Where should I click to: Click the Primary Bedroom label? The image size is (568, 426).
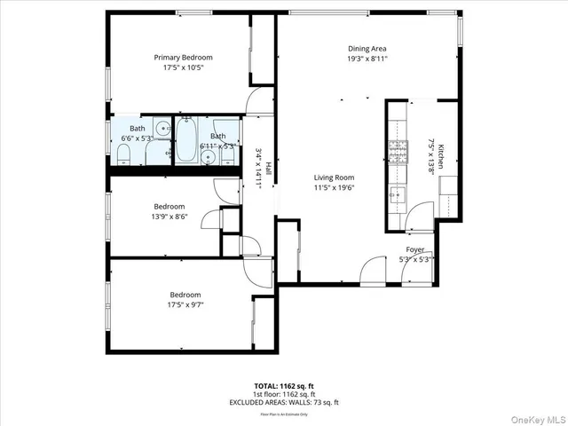(183, 57)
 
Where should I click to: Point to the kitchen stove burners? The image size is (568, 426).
(395, 146)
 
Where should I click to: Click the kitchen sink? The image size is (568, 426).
(396, 194)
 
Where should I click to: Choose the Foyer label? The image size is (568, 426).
(416, 250)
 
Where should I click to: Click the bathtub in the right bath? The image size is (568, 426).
(186, 142)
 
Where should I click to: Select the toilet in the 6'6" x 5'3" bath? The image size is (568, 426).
(124, 157)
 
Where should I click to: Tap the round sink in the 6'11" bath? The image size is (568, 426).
(208, 158)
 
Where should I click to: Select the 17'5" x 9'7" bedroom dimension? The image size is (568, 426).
(185, 304)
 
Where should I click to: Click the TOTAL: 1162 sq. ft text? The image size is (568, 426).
(284, 386)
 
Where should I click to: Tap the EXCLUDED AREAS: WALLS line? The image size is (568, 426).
(284, 402)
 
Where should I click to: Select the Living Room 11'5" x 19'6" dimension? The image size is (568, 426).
(334, 187)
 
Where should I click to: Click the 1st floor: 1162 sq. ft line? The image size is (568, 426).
(284, 394)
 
